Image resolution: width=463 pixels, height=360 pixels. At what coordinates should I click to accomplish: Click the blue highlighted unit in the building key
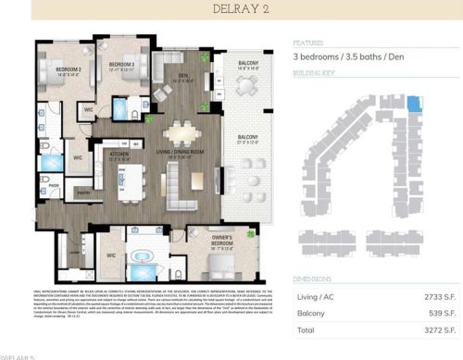pos(413,106)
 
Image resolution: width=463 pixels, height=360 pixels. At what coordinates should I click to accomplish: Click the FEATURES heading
pos(308,43)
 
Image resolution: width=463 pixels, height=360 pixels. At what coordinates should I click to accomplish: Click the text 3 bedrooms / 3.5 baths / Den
pos(353,57)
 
